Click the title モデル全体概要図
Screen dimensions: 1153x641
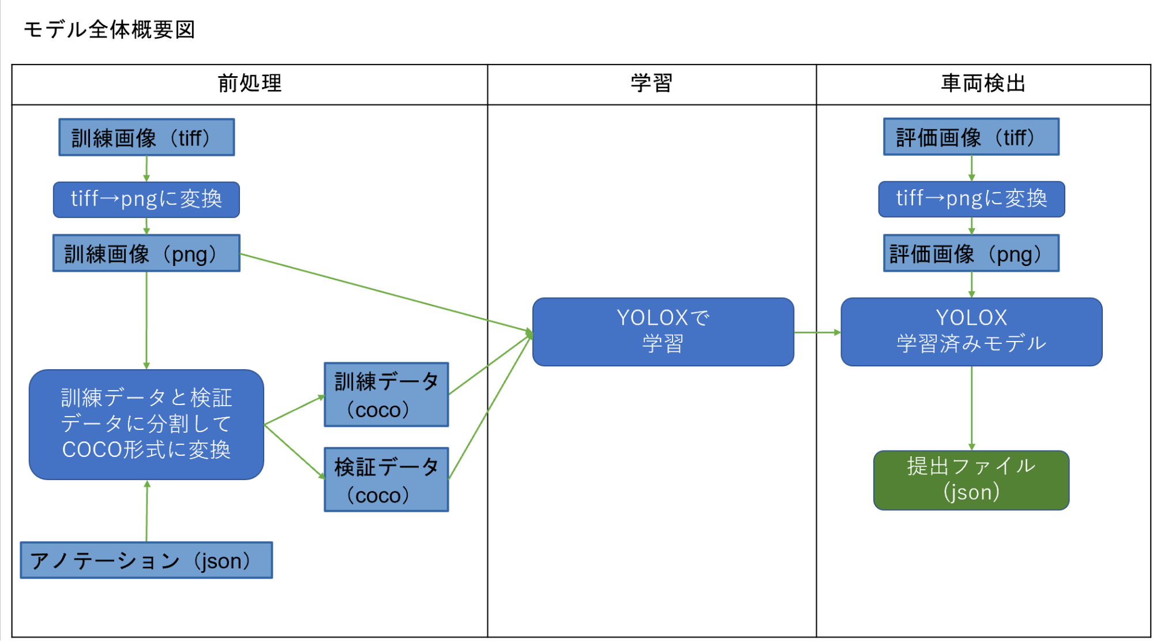[109, 29]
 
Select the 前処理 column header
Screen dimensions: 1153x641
[250, 84]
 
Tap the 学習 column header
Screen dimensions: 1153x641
[652, 84]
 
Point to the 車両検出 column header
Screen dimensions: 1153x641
[983, 84]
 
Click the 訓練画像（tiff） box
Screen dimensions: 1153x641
[147, 137]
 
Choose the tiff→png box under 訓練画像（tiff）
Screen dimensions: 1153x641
[147, 200]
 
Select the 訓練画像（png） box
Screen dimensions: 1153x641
[147, 253]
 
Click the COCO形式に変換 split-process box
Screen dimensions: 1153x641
[147, 425]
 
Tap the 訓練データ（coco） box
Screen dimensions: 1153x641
[386, 395]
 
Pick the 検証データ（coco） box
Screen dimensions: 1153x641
[386, 479]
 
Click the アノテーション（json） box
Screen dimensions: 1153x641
[147, 560]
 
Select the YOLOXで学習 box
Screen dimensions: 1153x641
[663, 332]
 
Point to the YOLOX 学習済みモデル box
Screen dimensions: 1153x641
[972, 332]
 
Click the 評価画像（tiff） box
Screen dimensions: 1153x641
[971, 137]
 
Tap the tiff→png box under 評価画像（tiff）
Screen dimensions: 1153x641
[972, 199]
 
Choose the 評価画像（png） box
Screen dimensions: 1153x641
[971, 253]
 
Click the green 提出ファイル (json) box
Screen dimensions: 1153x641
[972, 481]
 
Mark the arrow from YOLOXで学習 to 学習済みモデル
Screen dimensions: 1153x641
[817, 332]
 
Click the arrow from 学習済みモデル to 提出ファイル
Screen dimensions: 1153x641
[972, 408]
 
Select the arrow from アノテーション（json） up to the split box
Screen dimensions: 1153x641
[147, 511]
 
